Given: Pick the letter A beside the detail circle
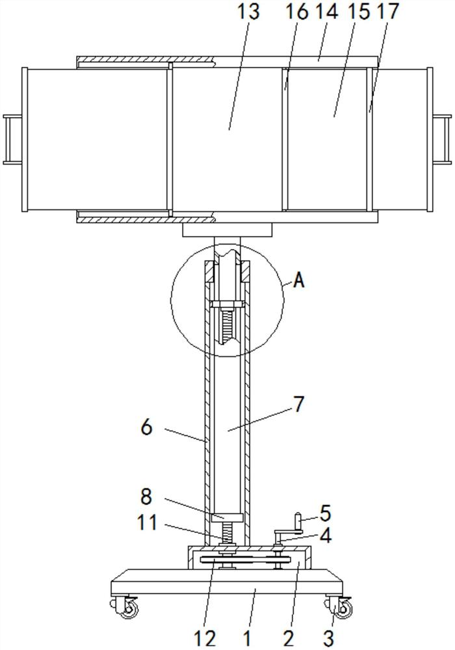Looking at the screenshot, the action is point(299,281).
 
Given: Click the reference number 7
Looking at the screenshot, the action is point(299,404).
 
